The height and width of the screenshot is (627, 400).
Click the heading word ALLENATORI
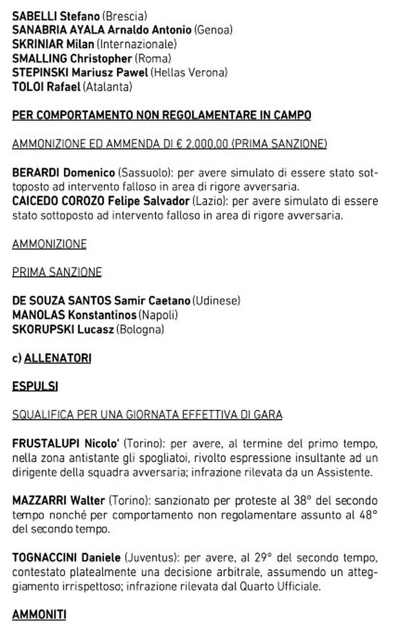[57, 358]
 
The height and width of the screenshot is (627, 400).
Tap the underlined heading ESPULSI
[35, 387]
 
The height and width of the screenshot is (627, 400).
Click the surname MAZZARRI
[40, 501]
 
